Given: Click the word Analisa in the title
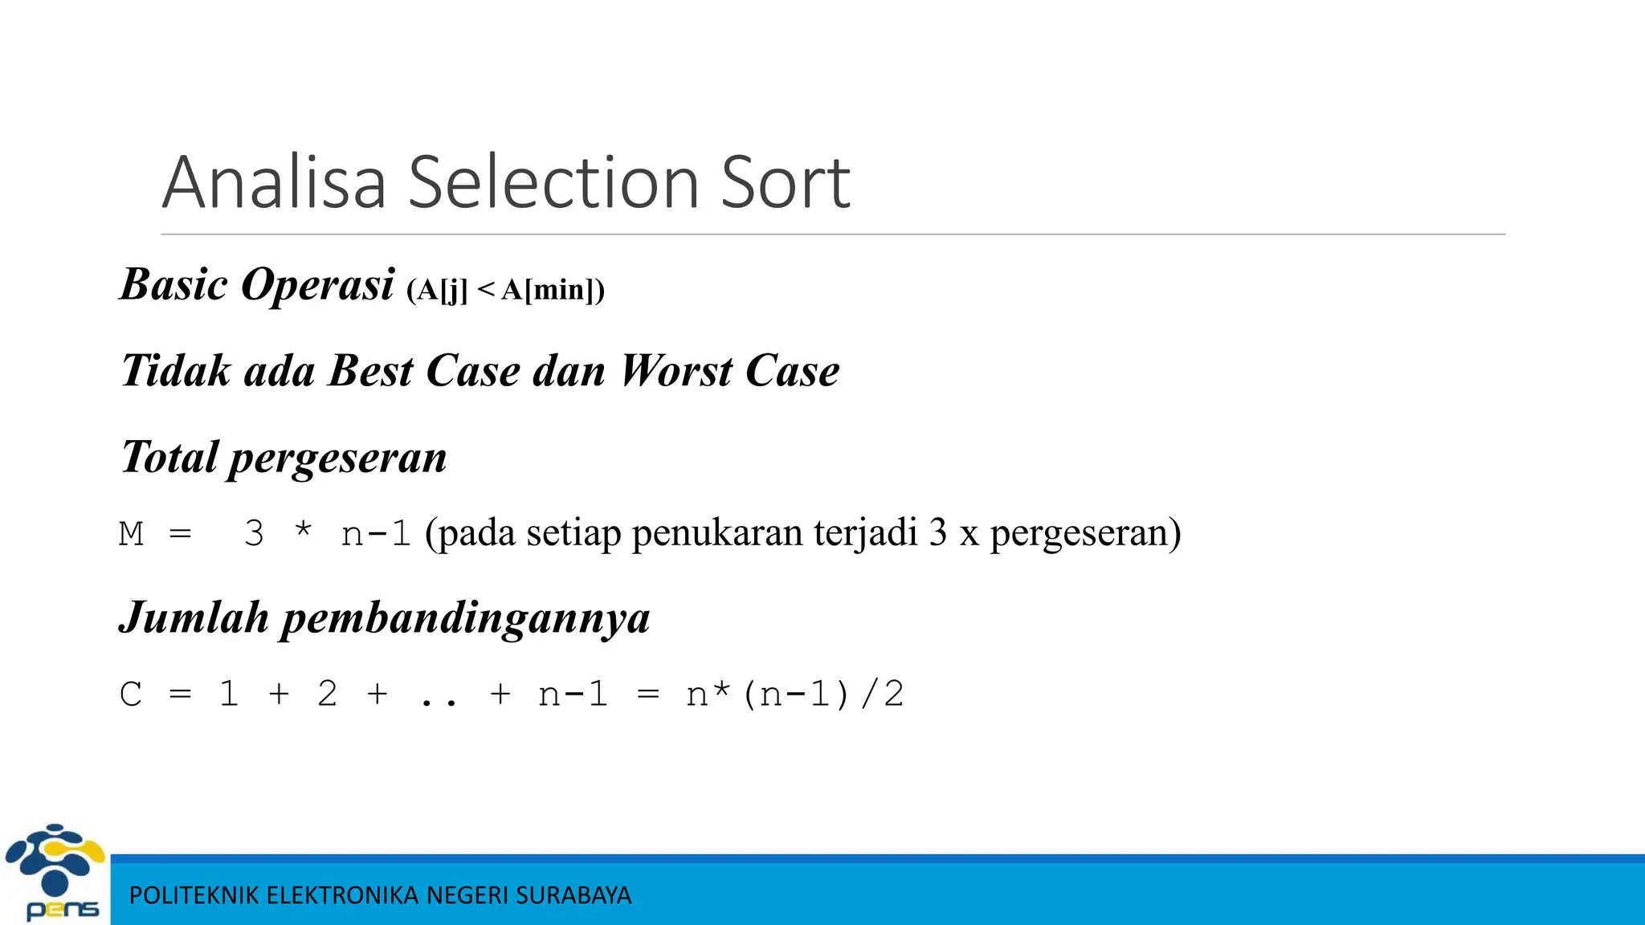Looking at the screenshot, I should (274, 183).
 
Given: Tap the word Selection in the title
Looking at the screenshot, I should (553, 183).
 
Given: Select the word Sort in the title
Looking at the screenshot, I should (786, 183).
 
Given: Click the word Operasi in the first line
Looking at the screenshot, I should (318, 285).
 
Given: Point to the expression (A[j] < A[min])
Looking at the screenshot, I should (506, 289).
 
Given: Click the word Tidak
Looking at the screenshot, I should (177, 371).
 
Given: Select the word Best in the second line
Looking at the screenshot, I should (370, 371).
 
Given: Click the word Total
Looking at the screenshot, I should (169, 457).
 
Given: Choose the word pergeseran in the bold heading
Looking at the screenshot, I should (337, 458).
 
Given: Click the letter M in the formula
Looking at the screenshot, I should (132, 534).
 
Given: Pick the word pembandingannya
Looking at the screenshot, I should (465, 619).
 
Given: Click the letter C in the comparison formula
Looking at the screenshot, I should (131, 695).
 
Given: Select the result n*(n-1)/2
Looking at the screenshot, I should (794, 695).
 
